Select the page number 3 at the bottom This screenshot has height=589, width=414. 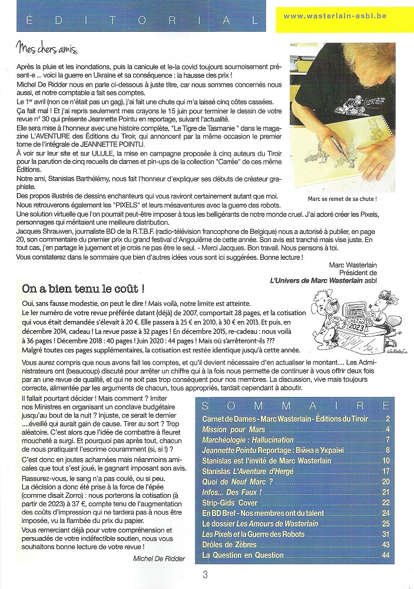[204, 575]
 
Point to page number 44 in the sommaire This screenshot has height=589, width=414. [386, 555]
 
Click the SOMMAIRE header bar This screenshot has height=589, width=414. [294, 406]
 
